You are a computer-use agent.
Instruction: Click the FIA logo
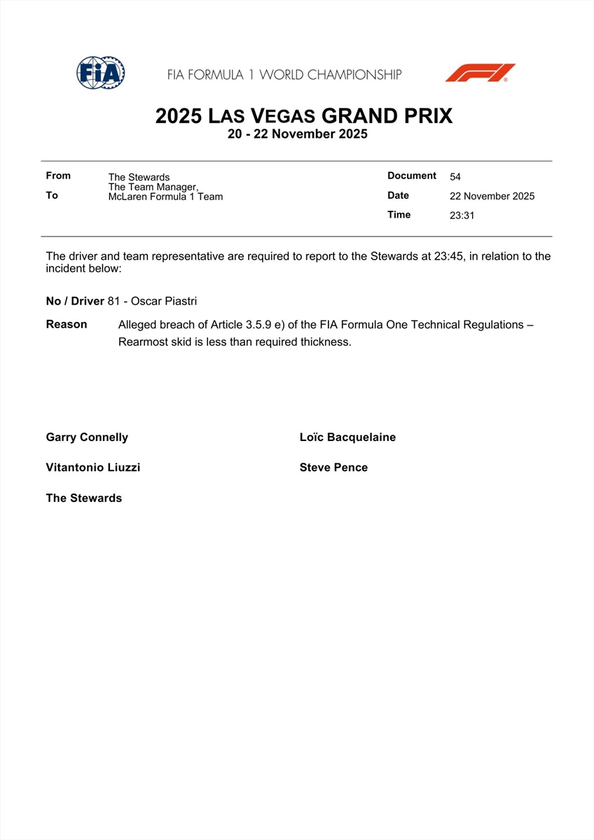[101, 73]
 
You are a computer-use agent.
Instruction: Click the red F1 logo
[480, 73]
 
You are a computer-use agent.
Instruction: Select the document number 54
[455, 177]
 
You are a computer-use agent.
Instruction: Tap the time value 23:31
[462, 216]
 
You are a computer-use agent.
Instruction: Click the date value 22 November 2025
[492, 196]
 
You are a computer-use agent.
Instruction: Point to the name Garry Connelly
[87, 437]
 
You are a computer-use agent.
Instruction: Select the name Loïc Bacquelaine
[347, 437]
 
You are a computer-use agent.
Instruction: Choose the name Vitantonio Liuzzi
[92, 468]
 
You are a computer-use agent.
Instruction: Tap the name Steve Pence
[333, 468]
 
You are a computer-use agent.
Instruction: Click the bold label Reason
[67, 325]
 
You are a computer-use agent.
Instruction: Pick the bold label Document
[412, 176]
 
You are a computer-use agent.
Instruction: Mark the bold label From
[58, 176]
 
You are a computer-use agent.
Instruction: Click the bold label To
[52, 195]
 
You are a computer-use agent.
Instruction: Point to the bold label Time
[399, 215]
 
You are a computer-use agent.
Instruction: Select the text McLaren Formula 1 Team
[165, 197]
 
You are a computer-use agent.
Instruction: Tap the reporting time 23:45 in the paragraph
[448, 256]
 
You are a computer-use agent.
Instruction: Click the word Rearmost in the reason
[142, 342]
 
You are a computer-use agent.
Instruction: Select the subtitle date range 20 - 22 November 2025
[297, 134]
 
